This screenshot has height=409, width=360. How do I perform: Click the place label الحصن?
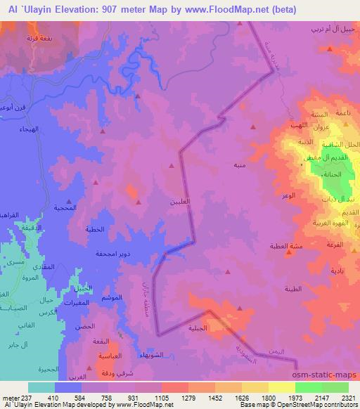[88, 326]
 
